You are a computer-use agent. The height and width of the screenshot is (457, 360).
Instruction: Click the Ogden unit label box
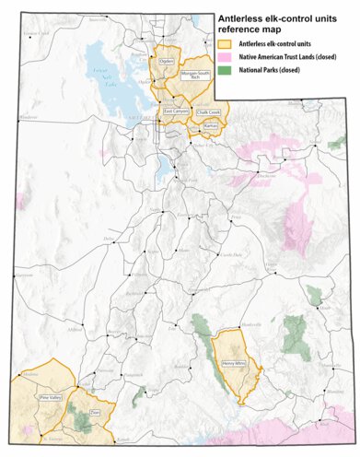167,62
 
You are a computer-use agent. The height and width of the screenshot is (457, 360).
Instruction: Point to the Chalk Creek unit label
208,112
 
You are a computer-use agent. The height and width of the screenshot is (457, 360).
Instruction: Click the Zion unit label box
94,413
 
